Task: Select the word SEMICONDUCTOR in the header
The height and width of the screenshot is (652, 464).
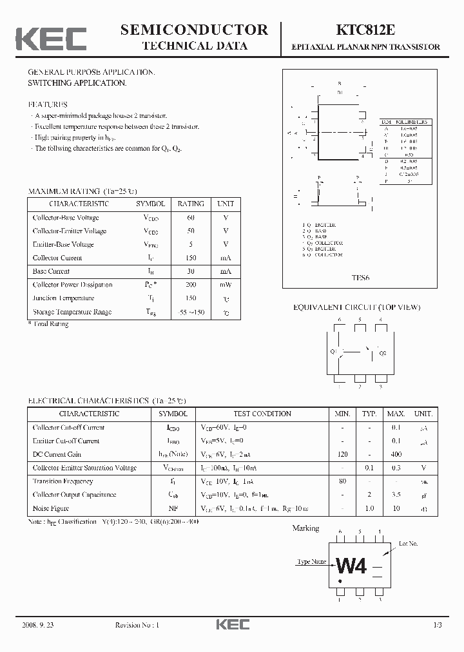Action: pos(194,30)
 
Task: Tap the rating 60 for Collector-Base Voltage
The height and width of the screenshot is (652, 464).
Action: pos(191,217)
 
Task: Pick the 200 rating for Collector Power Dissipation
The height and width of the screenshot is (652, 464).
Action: pos(191,285)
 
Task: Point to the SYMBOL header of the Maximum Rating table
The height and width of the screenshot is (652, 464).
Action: pos(150,204)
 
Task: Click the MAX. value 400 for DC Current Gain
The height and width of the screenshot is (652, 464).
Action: pos(396,454)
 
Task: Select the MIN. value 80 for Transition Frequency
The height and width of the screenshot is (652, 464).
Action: pos(342,481)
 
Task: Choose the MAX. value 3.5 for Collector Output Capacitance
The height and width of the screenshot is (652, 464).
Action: pos(396,495)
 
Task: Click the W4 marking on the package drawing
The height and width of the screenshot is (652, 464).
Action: pos(351,566)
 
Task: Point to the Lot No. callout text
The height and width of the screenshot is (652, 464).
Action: pos(408,544)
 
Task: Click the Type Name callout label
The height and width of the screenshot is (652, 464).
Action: pos(312,562)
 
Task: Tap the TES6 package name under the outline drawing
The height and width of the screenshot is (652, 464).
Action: pos(360,279)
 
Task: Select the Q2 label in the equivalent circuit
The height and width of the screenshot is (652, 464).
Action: pos(382,353)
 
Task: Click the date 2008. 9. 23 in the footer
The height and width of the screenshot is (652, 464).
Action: pos(41,625)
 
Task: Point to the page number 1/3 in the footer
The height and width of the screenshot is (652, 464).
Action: pos(436,625)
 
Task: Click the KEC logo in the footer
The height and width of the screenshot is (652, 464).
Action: pos(232,624)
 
